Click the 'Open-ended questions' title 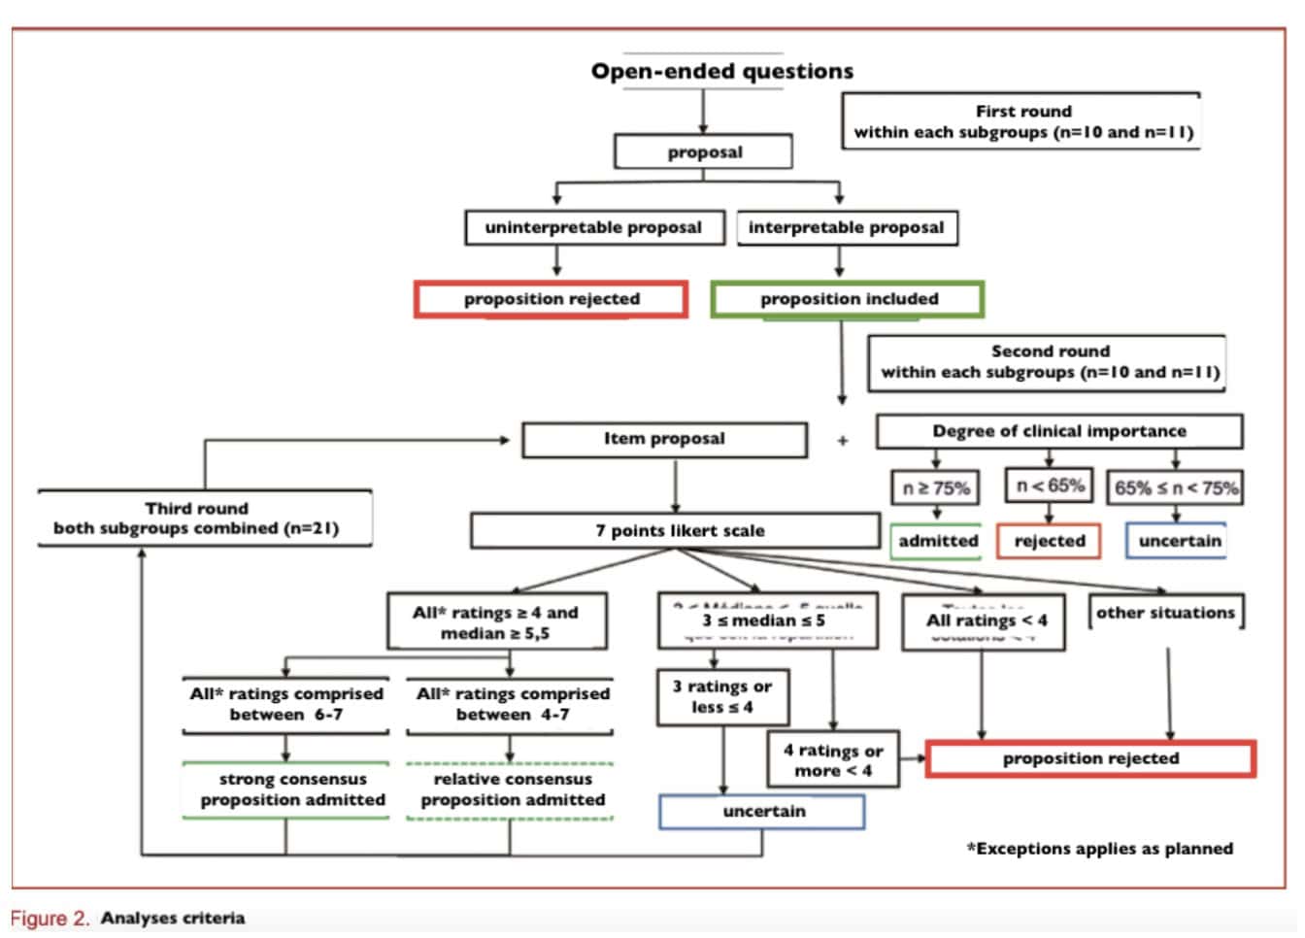click(721, 71)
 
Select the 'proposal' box click(704, 152)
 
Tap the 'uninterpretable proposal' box click(593, 228)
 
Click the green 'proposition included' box click(848, 299)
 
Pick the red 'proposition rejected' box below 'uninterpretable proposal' click(552, 299)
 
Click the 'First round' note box click(1021, 121)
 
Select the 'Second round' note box click(1048, 362)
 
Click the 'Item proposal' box click(664, 439)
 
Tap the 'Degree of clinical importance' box click(1058, 431)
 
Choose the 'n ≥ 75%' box click(936, 487)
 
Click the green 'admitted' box click(937, 541)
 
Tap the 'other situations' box click(1164, 613)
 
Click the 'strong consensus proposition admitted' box click(287, 790)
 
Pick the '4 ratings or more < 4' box click(832, 760)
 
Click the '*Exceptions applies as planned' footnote click(1099, 849)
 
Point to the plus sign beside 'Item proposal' click(843, 441)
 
